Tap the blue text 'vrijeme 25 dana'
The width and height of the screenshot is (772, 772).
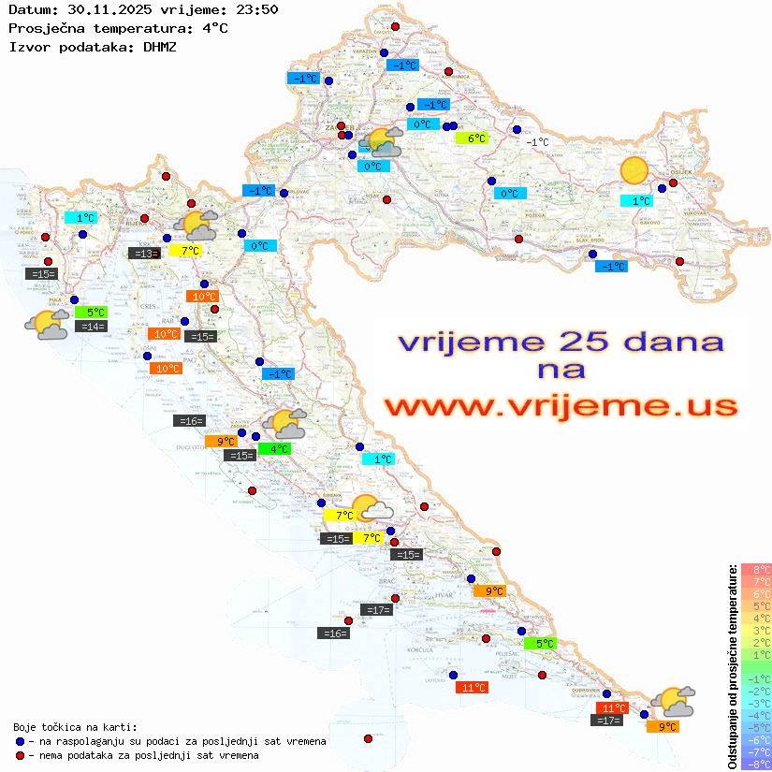[x=561, y=342]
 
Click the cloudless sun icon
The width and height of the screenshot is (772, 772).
[x=634, y=170]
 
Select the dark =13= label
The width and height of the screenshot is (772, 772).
[x=144, y=253]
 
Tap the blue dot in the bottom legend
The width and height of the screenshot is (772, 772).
[x=21, y=741]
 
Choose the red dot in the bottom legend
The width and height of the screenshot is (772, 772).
[x=21, y=755]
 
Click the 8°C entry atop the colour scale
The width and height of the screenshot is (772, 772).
[x=756, y=569]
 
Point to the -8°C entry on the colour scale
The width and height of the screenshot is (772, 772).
[x=756, y=764]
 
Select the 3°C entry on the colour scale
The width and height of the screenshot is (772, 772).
[x=756, y=630]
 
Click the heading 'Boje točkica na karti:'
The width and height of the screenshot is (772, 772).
[x=75, y=727]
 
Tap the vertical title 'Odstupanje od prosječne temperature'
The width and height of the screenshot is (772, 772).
[x=731, y=666]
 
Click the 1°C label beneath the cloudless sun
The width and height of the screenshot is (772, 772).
[x=637, y=200]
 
